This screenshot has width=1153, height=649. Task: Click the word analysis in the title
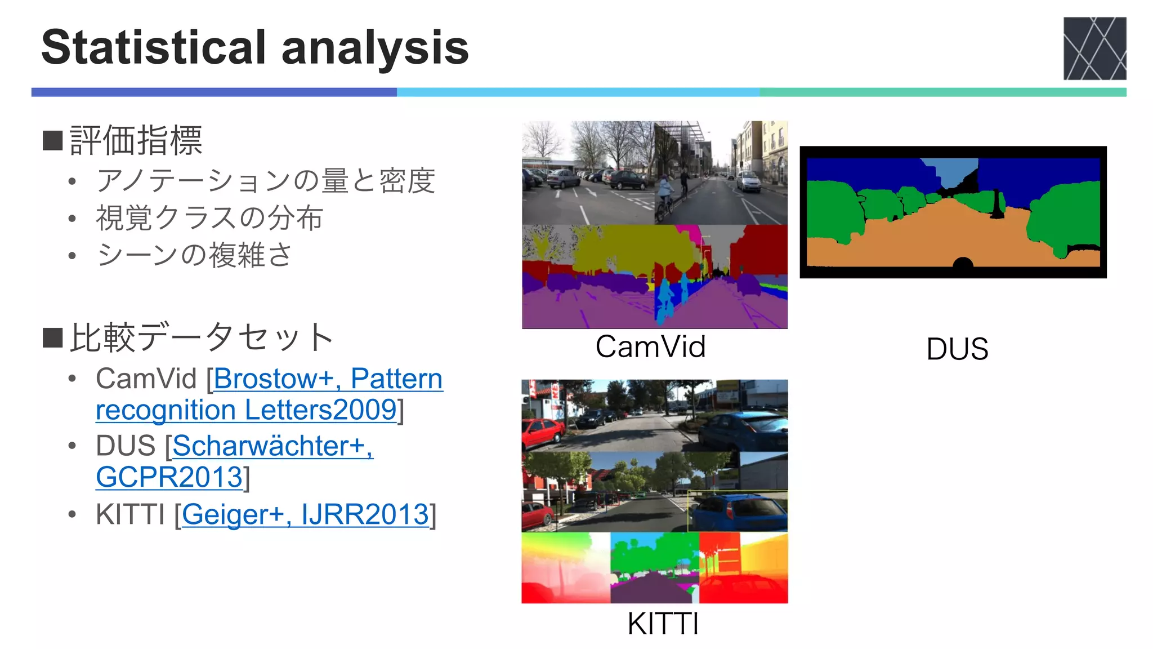pyautogui.click(x=375, y=47)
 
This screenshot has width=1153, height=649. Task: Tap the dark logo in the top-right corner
pyautogui.click(x=1094, y=48)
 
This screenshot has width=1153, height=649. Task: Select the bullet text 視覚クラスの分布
pyautogui.click(x=209, y=218)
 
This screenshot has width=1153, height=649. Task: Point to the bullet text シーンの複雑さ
pyautogui.click(x=195, y=255)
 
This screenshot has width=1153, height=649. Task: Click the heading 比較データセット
pyautogui.click(x=202, y=337)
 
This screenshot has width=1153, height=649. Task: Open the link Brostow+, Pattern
pyautogui.click(x=328, y=379)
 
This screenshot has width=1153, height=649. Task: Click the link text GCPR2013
pyautogui.click(x=169, y=477)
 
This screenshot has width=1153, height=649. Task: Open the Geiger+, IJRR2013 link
pyautogui.click(x=305, y=514)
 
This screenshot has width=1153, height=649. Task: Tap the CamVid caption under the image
pyautogui.click(x=651, y=346)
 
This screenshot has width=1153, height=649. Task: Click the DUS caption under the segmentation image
pyautogui.click(x=957, y=349)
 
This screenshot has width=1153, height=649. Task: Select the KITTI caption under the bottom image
pyautogui.click(x=663, y=624)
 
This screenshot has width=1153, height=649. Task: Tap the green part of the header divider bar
pyautogui.click(x=943, y=92)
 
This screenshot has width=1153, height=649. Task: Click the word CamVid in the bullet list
pyautogui.click(x=146, y=379)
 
